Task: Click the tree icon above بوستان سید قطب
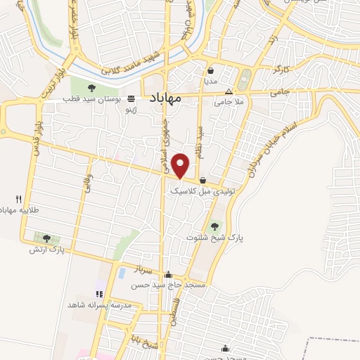(x=91, y=88)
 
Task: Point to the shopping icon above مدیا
(x=210, y=70)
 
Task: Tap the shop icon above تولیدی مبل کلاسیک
(x=202, y=179)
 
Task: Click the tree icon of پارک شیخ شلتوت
(x=214, y=226)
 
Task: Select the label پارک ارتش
(x=46, y=250)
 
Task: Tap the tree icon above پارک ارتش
(x=46, y=238)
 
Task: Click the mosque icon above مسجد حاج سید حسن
(x=168, y=275)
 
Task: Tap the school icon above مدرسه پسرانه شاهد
(x=99, y=294)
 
